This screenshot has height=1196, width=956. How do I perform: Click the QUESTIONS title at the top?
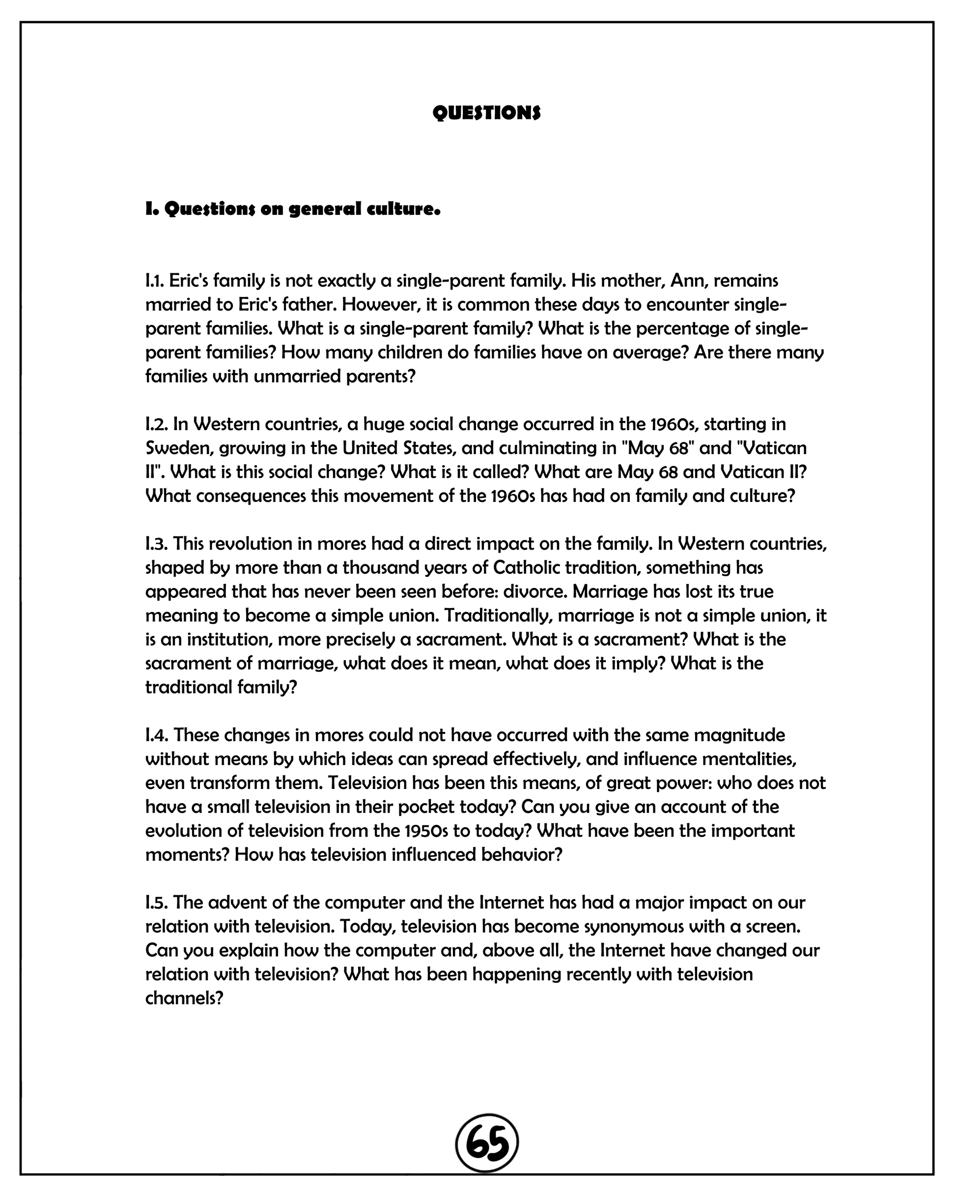tap(486, 113)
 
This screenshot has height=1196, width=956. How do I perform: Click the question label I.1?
tap(155, 281)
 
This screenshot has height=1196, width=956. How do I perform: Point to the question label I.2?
tap(156, 424)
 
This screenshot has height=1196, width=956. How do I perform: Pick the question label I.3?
tap(156, 544)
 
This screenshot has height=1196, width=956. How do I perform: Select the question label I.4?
tap(157, 735)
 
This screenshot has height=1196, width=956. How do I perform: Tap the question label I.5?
tap(156, 903)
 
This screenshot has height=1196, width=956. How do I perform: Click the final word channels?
tap(184, 998)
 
